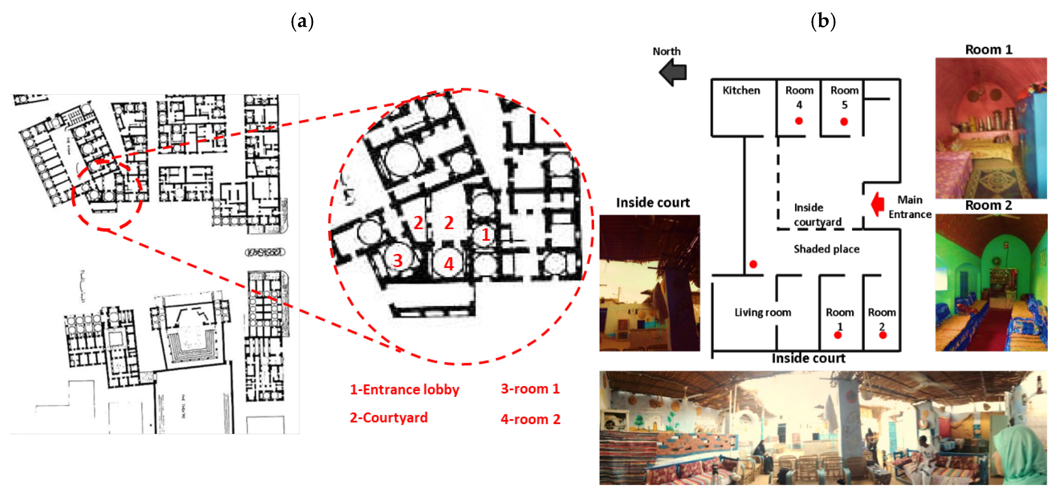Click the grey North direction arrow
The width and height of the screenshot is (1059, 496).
click(x=673, y=72)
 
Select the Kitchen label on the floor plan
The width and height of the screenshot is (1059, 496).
click(x=741, y=91)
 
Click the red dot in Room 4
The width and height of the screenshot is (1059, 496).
click(x=799, y=121)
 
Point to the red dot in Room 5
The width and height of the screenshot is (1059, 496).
click(x=844, y=122)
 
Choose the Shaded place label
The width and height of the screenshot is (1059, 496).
click(x=826, y=249)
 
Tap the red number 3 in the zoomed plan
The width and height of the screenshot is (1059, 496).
click(x=398, y=261)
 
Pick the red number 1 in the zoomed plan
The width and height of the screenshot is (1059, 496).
click(x=486, y=235)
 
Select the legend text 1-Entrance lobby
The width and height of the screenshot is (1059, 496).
click(x=404, y=390)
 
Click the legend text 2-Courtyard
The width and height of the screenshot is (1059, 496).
click(x=388, y=418)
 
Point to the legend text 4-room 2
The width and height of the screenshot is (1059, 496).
click(x=530, y=420)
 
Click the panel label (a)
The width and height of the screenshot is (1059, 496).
click(x=302, y=21)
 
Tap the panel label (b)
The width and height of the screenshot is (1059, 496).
click(x=823, y=21)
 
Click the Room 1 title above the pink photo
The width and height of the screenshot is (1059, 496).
click(x=988, y=50)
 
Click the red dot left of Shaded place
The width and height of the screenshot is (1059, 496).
click(x=753, y=264)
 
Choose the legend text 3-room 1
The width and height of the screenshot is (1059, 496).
click(x=530, y=389)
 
